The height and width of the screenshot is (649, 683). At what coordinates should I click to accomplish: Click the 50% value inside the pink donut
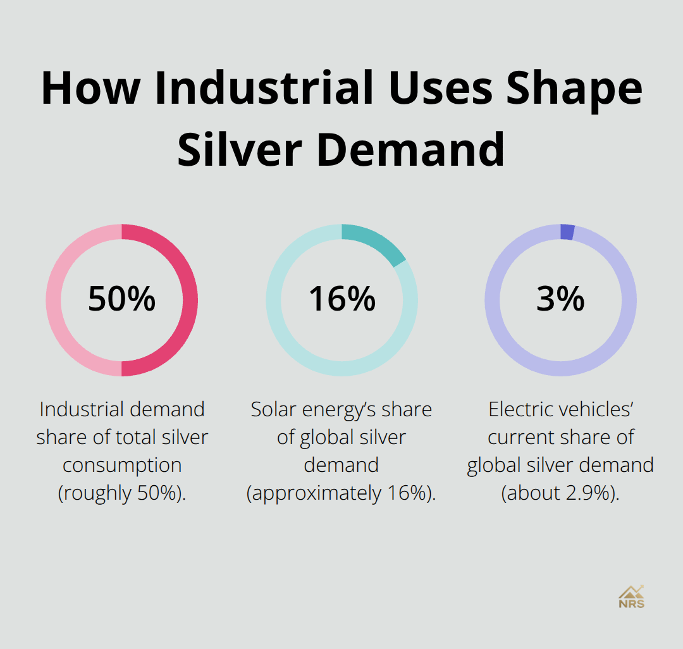121,299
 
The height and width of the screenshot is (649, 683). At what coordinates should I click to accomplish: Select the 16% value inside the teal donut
341,299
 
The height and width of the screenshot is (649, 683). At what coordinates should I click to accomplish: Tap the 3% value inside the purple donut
560,299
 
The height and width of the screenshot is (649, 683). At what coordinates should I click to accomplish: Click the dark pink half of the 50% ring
190,300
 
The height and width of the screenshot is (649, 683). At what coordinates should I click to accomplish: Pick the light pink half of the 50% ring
54,300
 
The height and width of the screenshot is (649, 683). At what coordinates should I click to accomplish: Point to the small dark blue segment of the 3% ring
567,232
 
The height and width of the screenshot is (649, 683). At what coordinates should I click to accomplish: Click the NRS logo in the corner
631,596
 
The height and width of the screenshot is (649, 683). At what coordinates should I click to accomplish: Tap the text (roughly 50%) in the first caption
122,493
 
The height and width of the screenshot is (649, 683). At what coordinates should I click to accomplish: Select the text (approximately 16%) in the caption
341,493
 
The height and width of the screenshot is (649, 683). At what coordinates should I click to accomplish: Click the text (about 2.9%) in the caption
560,493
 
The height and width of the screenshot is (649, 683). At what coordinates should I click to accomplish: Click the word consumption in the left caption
122,466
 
